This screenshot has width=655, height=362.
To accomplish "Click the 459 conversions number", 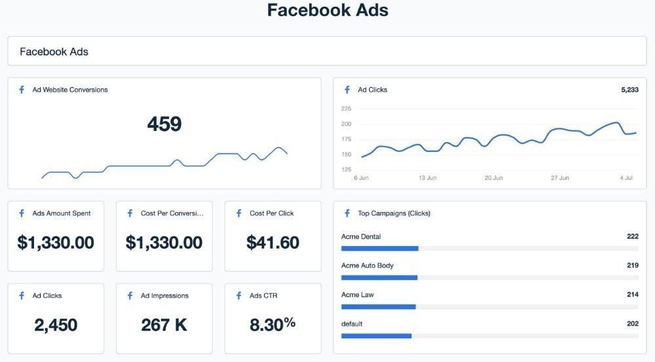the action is click(164, 124).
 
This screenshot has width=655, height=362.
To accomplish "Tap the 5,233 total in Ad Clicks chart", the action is click(629, 90).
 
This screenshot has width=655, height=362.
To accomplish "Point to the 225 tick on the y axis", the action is click(346, 109).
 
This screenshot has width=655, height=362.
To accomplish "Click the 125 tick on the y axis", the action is click(346, 170).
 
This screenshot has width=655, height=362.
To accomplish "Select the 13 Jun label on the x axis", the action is click(427, 178).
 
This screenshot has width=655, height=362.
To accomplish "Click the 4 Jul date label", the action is click(626, 178).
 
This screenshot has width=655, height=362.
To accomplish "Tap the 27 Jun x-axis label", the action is click(560, 178).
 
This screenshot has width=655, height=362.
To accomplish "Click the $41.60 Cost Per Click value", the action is click(272, 243).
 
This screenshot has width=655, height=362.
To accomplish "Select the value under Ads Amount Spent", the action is click(56, 243).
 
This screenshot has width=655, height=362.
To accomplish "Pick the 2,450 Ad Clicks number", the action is click(56, 325).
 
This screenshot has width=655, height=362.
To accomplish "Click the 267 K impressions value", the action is click(164, 325).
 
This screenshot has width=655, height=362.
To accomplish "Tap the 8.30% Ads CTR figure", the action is click(272, 325).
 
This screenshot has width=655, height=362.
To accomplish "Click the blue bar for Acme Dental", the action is click(380, 249).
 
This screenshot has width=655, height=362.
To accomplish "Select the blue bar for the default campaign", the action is click(377, 336).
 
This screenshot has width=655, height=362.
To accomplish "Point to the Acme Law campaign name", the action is click(358, 295).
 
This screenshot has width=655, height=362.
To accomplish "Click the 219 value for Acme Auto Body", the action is click(633, 266).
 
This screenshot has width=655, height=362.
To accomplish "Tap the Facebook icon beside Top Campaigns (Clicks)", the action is click(347, 213).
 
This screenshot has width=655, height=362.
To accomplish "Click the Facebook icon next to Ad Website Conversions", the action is click(22, 90).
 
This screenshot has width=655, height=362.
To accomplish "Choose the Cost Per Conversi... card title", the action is click(172, 213).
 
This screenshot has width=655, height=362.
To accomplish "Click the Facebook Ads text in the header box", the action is click(54, 52).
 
